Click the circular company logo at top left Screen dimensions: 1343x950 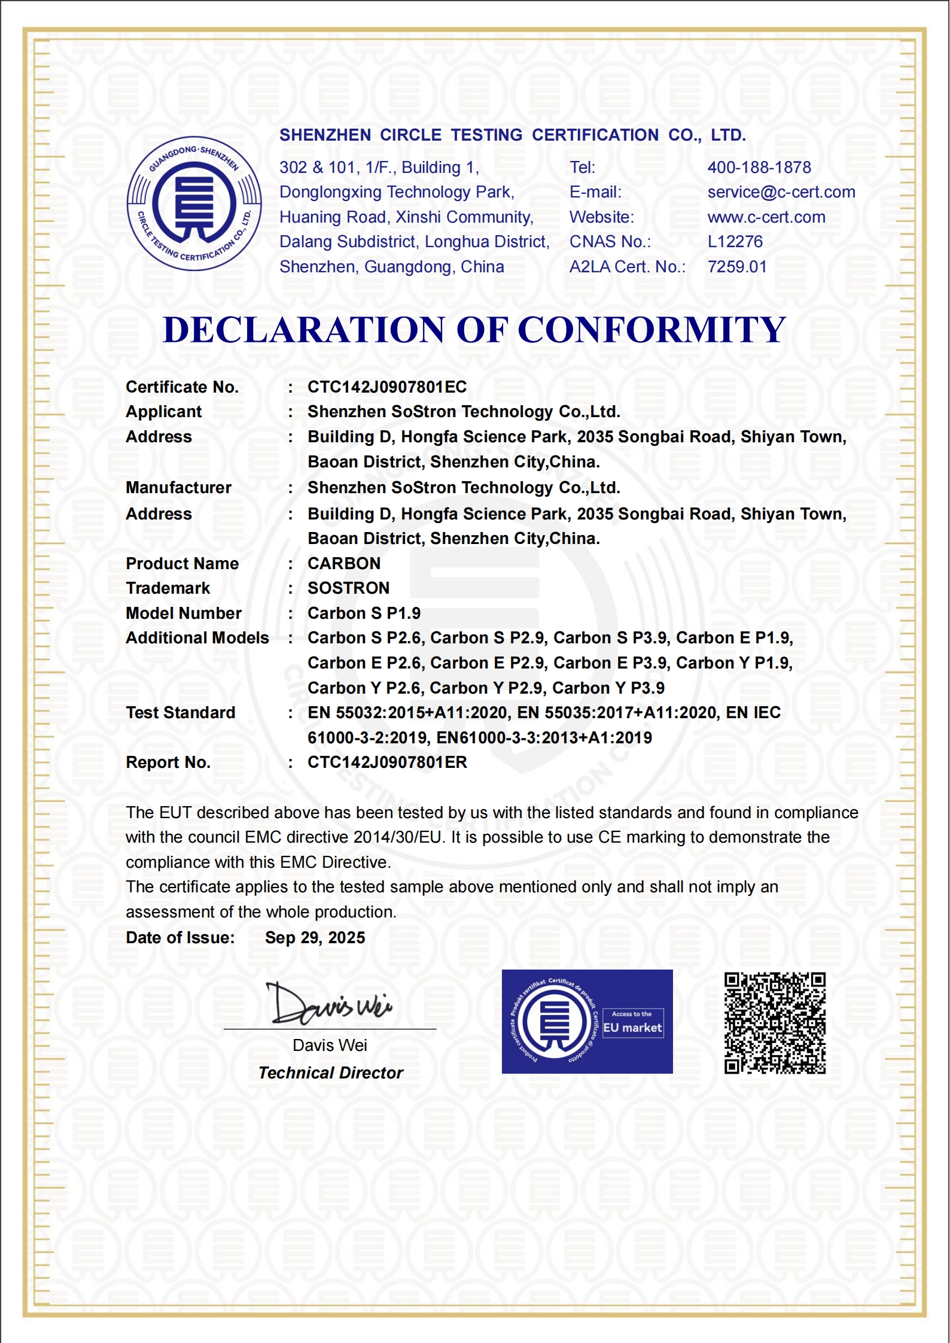pyautogui.click(x=194, y=203)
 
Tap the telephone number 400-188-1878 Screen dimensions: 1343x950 pyautogui.click(x=759, y=168)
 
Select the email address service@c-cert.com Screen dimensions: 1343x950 pyautogui.click(x=781, y=192)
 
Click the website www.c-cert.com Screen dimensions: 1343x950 pyautogui.click(x=766, y=217)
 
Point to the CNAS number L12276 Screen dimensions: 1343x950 pyautogui.click(x=735, y=242)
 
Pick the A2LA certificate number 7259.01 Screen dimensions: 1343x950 pyautogui.click(x=737, y=267)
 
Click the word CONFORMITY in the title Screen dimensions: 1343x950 pyautogui.click(x=651, y=330)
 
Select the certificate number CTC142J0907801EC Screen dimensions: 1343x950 pyautogui.click(x=387, y=387)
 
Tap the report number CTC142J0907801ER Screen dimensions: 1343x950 pyautogui.click(x=387, y=762)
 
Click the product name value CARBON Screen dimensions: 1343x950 pyautogui.click(x=344, y=564)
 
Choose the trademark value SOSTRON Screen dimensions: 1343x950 pyautogui.click(x=348, y=588)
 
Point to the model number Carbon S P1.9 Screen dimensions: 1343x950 pyautogui.click(x=364, y=613)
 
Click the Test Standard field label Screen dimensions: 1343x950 pyautogui.click(x=181, y=713)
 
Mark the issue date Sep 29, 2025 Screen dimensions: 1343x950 pyautogui.click(x=315, y=938)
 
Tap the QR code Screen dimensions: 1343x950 pyautogui.click(x=775, y=1023)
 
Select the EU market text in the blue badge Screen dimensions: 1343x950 pyautogui.click(x=632, y=1028)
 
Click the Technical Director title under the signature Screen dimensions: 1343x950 pyautogui.click(x=330, y=1073)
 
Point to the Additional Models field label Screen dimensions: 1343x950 pyautogui.click(x=197, y=638)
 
